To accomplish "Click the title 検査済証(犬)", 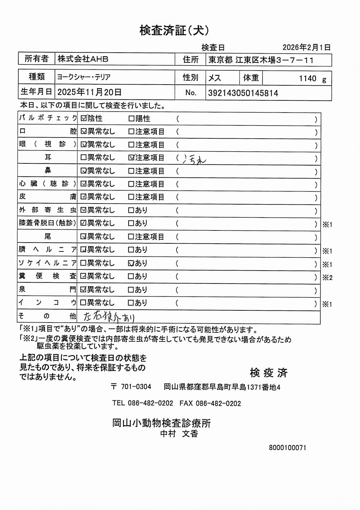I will click(x=174, y=30).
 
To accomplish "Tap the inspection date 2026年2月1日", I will click(x=306, y=47).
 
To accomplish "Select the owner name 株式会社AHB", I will click(x=83, y=59).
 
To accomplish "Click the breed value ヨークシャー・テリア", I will click(x=83, y=77).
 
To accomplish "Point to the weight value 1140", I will click(x=308, y=78).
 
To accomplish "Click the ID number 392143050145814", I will click(x=243, y=93).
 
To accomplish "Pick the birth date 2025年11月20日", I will click(x=89, y=92).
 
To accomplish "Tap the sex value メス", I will click(x=215, y=78).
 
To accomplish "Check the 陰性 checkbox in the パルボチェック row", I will click(x=84, y=118).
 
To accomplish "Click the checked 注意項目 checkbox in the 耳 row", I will click(x=131, y=158).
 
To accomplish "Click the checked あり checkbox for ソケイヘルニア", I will click(x=131, y=263).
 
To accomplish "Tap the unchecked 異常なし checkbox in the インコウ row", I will click(x=83, y=303).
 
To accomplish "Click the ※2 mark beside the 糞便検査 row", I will click(x=327, y=277).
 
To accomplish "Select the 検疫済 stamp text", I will click(x=269, y=373).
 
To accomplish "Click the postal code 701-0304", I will click(x=136, y=387).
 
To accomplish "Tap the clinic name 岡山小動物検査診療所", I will click(x=162, y=423).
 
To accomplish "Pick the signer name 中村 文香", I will click(x=179, y=434).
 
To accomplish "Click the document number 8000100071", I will click(x=287, y=448).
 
